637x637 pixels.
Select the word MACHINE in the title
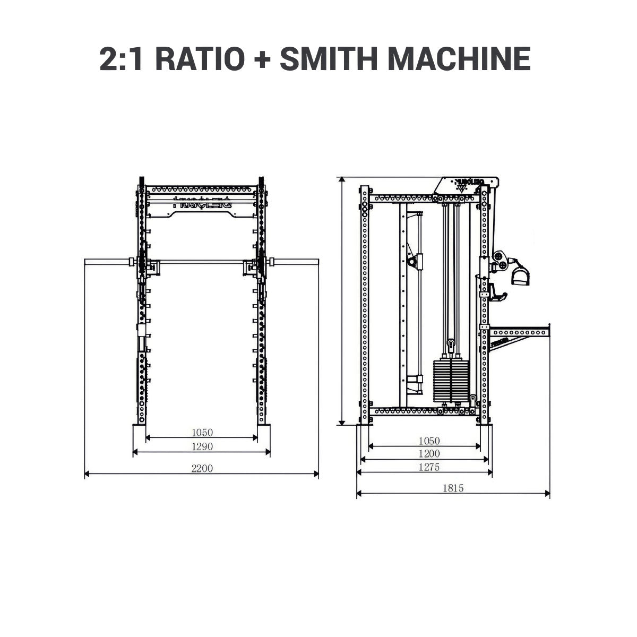click(x=460, y=59)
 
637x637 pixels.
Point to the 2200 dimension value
click(x=202, y=468)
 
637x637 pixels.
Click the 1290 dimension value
click(x=202, y=446)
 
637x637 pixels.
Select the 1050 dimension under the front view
click(x=202, y=433)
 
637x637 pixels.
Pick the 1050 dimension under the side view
click(x=429, y=441)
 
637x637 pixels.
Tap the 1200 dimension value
click(x=429, y=454)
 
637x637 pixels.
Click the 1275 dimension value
click(x=429, y=467)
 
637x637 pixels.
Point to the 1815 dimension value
click(x=453, y=488)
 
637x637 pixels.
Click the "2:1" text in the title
click(x=120, y=59)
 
